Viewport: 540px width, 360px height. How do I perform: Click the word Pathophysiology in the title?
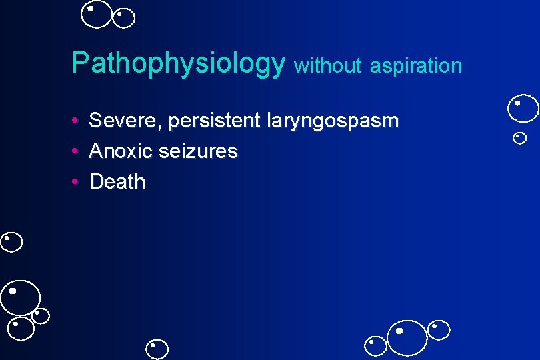[x=178, y=64]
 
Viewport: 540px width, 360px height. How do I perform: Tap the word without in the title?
[x=327, y=65]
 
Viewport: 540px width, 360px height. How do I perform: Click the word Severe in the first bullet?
[x=125, y=121]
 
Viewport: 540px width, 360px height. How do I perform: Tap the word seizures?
[x=199, y=151]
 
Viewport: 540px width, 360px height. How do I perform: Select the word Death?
[x=117, y=181]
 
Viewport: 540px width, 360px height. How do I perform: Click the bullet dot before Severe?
[x=77, y=121]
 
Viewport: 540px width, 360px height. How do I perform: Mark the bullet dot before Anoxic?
[x=77, y=151]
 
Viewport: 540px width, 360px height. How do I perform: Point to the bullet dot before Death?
[x=77, y=182]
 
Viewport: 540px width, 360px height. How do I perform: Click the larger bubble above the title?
[x=97, y=15]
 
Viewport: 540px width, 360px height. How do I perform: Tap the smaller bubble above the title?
[x=123, y=18]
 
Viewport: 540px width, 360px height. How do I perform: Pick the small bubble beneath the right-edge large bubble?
[x=520, y=138]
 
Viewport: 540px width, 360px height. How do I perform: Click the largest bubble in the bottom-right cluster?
[x=407, y=337]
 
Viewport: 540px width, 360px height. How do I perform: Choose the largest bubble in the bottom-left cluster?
[x=20, y=297]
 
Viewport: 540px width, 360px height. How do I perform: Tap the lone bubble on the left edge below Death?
[x=11, y=241]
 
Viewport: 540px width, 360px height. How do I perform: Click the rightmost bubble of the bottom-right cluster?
[x=439, y=330]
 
